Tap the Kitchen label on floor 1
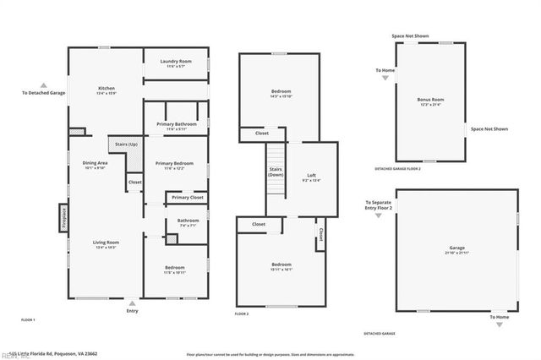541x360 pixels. coord(107,90)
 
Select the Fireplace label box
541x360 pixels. coord(63,218)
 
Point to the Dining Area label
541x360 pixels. coord(95,163)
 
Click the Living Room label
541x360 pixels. coord(106,243)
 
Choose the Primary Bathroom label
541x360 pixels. coord(177,125)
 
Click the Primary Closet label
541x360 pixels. coord(188,198)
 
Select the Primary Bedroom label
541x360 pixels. coord(175,163)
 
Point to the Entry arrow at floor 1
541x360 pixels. coord(132,302)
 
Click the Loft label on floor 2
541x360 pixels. coord(311,176)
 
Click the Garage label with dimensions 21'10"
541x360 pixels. coord(456,251)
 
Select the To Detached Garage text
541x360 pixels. coord(44,92)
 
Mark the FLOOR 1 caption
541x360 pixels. coord(28,319)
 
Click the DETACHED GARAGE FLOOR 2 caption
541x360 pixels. coord(398,169)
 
